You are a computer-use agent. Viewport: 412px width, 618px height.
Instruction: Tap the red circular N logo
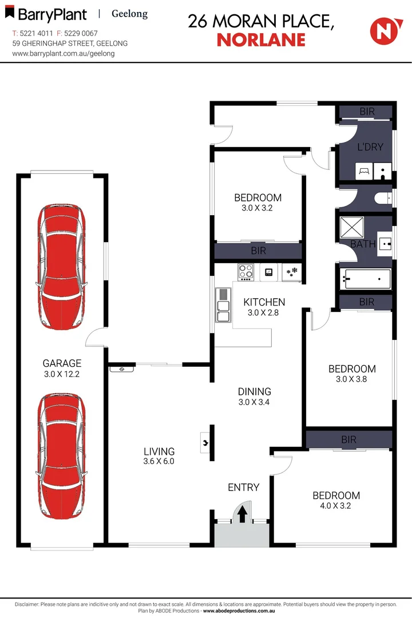(x=383, y=30)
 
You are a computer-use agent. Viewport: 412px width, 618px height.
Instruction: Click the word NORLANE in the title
(x=260, y=39)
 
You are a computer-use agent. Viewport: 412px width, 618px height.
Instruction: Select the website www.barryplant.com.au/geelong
(x=64, y=53)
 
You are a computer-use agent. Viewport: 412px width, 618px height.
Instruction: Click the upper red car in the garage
(x=61, y=267)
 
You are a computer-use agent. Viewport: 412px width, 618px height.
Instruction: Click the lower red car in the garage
(x=61, y=455)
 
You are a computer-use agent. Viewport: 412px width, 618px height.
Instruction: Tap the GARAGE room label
(x=62, y=363)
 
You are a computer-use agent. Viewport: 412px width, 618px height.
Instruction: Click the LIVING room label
(x=159, y=451)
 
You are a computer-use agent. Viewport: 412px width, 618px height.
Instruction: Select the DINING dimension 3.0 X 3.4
(x=255, y=403)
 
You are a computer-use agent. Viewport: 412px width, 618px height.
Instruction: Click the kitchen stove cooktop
(x=246, y=271)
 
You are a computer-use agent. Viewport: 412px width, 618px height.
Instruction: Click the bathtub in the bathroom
(x=365, y=279)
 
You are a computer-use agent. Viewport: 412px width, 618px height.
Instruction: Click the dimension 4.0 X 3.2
(x=336, y=506)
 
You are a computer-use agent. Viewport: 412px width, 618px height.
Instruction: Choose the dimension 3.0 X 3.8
(x=352, y=379)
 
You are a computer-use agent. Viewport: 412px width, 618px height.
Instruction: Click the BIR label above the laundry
(x=367, y=112)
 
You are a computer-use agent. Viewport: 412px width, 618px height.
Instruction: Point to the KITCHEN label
(x=264, y=302)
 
